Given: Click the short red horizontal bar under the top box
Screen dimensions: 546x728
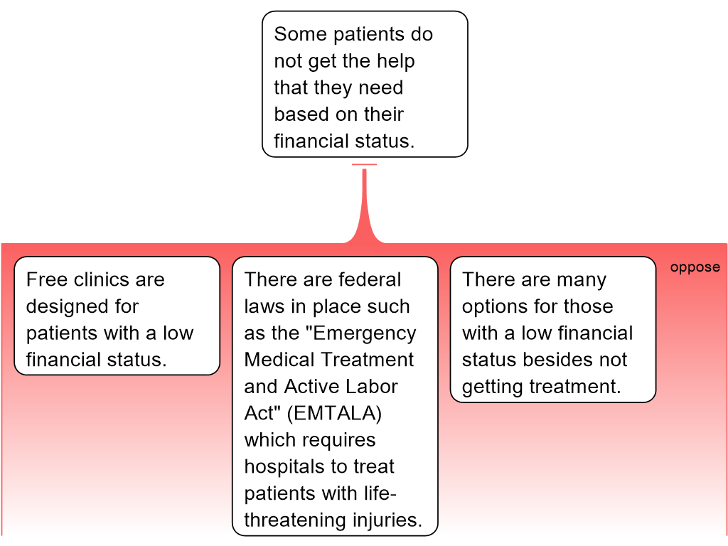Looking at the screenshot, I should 365,165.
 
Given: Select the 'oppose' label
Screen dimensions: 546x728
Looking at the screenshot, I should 695,268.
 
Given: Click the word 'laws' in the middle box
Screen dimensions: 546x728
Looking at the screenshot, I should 264,307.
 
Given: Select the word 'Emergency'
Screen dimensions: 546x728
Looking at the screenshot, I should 365,333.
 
